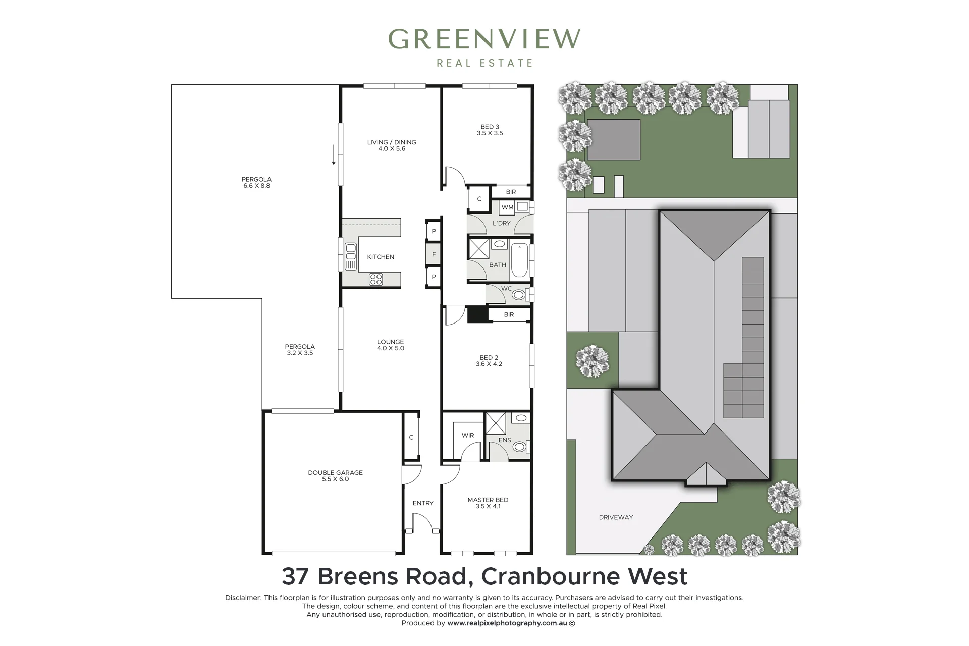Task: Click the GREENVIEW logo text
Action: point(484,39)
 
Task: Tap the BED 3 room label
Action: point(490,127)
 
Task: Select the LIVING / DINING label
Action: point(392,142)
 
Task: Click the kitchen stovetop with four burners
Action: point(375,279)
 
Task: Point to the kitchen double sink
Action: point(350,257)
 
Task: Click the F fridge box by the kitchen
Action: point(434,254)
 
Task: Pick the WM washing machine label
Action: point(507,207)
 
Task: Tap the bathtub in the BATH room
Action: point(519,261)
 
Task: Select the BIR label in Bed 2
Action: point(509,315)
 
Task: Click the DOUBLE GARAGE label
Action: point(336,473)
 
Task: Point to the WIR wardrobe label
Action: point(468,435)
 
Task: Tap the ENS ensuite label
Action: point(505,440)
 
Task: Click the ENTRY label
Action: point(423,503)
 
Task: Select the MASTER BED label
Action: point(488,500)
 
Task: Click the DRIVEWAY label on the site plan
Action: point(616,517)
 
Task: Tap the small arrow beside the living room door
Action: point(334,155)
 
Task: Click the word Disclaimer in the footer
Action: point(243,598)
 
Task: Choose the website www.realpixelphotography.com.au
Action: point(507,623)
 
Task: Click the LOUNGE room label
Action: point(391,342)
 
